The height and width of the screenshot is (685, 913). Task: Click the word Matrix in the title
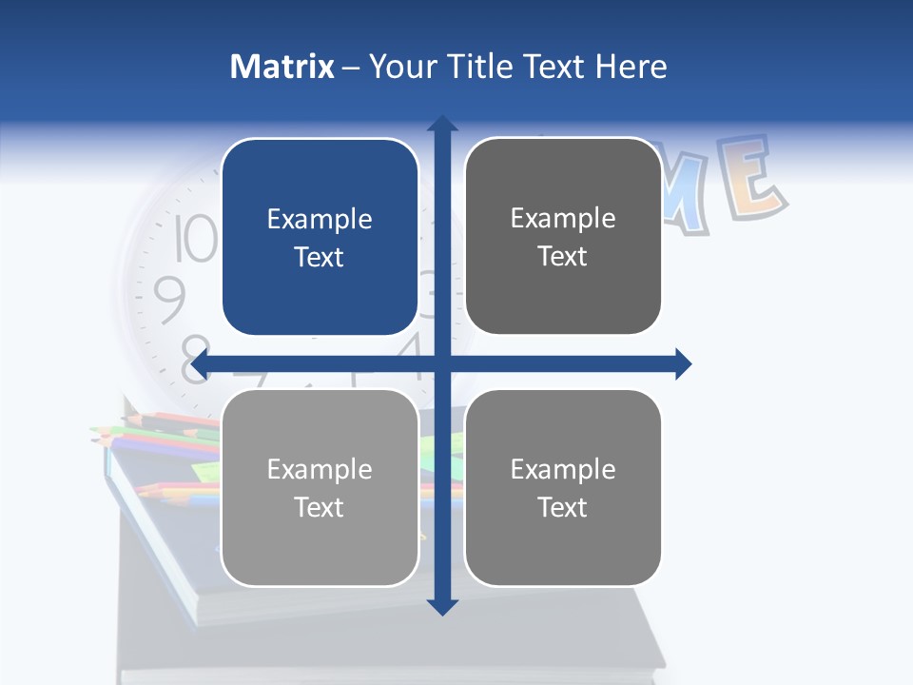tap(282, 67)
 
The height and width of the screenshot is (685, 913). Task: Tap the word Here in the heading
tap(631, 67)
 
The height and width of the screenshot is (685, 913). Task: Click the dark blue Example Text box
tap(320, 237)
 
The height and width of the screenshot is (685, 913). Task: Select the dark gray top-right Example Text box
tap(563, 236)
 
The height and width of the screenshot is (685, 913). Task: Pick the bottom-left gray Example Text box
tap(320, 487)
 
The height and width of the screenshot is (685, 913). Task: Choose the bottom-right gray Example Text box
tap(563, 487)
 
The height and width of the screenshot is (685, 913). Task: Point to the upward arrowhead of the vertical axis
tap(441, 125)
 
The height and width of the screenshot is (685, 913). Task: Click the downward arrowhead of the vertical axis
tap(441, 606)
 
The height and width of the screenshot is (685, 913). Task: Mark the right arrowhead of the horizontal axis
tap(682, 363)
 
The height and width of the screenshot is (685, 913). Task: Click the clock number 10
tap(196, 238)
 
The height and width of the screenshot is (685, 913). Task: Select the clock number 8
tap(195, 360)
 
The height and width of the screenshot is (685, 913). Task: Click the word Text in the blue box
tap(320, 257)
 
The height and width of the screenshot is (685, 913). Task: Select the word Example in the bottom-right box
tap(563, 469)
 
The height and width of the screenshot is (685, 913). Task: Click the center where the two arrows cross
tap(441, 363)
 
